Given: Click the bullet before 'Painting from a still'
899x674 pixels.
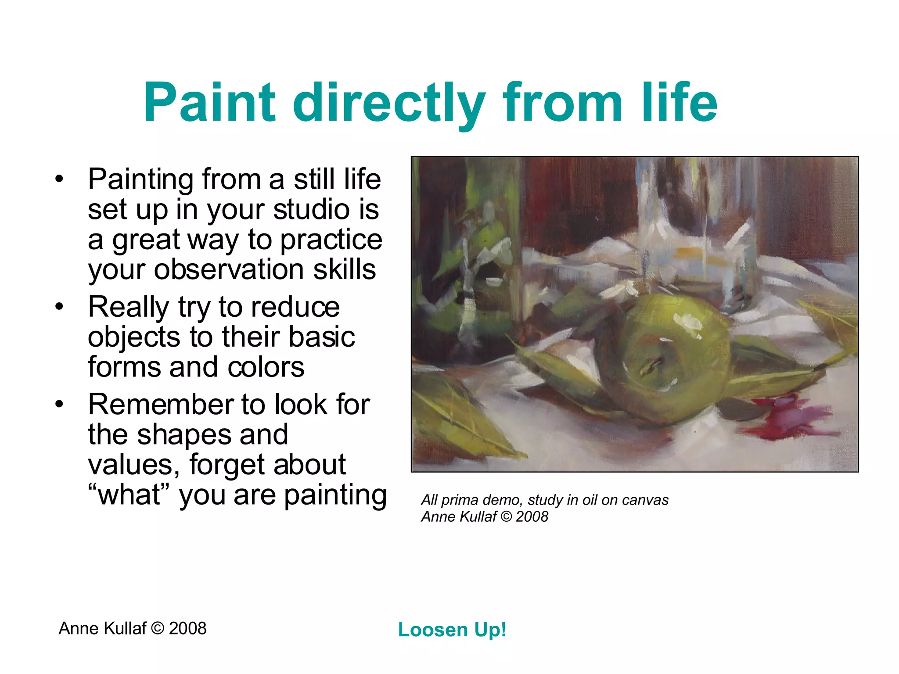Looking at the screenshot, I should (59, 179).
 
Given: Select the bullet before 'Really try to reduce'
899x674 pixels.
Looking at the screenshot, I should (59, 307).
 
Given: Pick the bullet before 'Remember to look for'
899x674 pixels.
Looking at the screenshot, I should (59, 404).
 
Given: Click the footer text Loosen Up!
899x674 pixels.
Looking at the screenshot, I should (452, 630).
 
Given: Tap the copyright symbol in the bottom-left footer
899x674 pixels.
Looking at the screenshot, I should (157, 628).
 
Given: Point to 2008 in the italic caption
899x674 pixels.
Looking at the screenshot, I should (532, 516).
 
